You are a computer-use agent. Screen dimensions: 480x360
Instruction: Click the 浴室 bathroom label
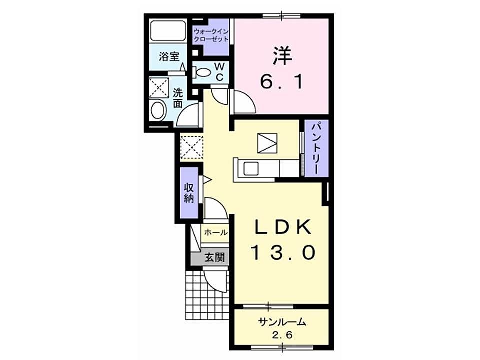169,56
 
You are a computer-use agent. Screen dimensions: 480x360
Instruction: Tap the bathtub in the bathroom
168,30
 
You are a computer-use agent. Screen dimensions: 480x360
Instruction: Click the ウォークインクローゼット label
211,35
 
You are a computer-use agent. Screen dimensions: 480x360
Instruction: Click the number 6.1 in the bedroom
282,82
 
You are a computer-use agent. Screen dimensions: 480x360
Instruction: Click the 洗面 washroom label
178,98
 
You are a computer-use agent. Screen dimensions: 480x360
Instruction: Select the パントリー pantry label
316,148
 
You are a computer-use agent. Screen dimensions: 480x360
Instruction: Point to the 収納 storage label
189,193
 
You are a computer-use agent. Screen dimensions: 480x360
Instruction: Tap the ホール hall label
216,232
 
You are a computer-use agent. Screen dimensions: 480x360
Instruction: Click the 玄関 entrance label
214,258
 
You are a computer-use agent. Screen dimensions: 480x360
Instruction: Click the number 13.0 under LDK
283,253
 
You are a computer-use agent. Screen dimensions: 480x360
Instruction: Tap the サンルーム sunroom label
282,322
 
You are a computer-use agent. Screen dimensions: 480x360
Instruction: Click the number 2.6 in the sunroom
282,335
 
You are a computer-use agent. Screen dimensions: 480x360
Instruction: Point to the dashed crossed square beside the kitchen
192,148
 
